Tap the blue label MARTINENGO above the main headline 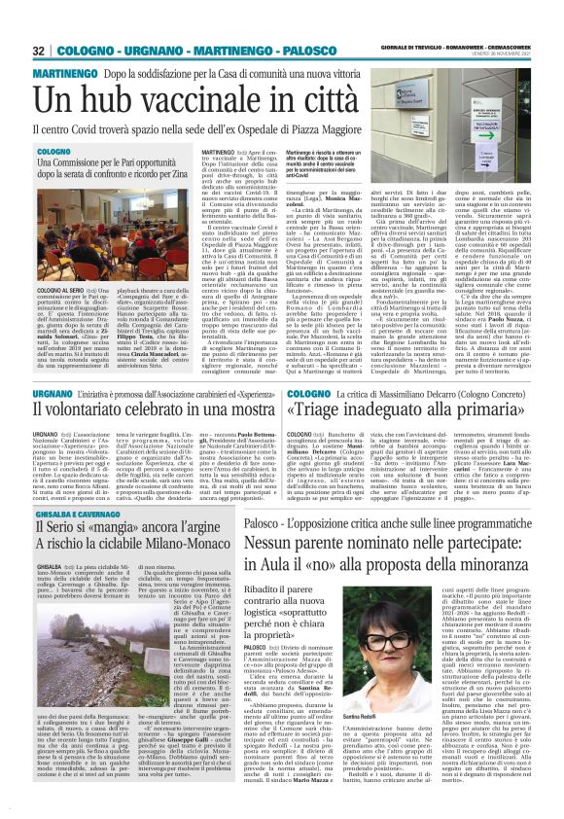pos(66,74)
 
